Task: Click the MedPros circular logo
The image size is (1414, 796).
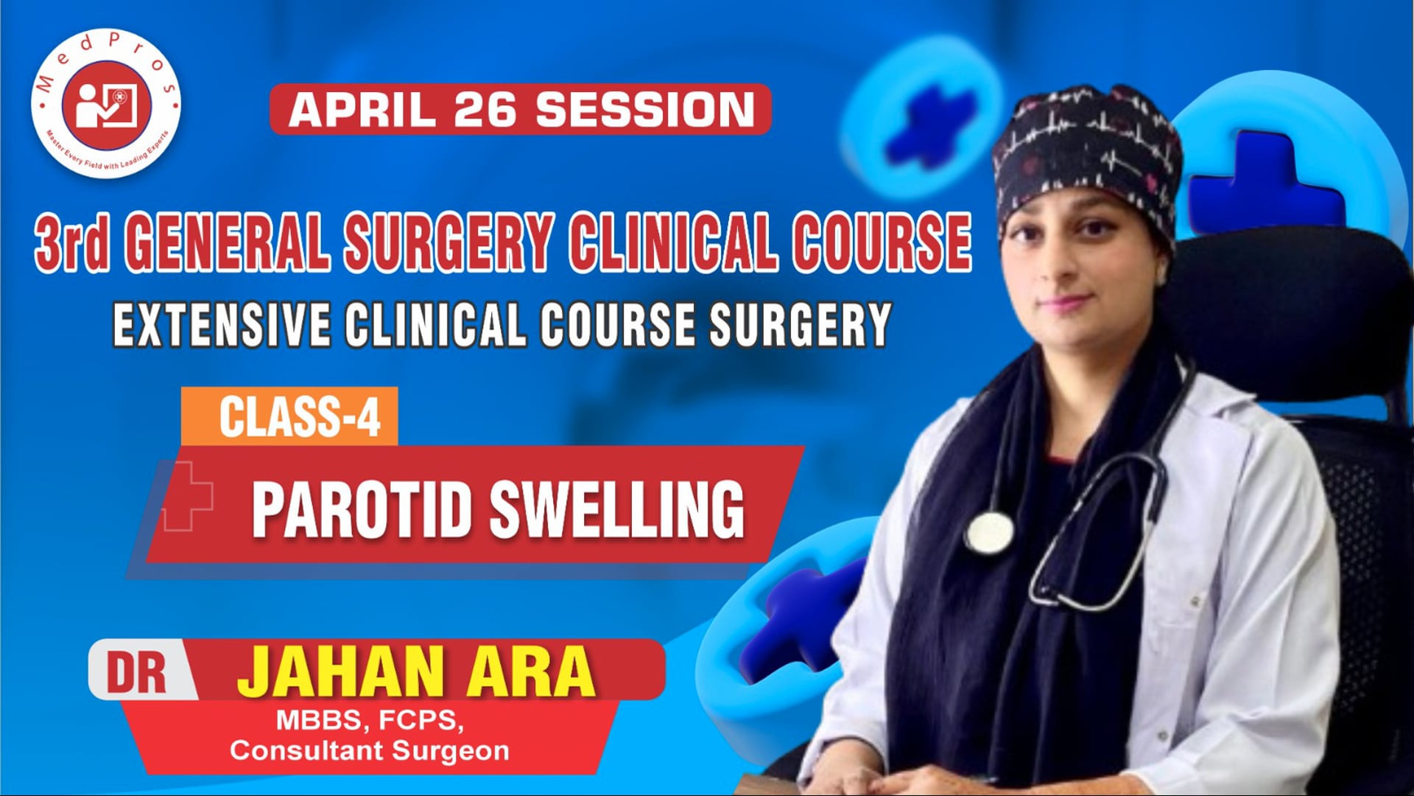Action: point(106,104)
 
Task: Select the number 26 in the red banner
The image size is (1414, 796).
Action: point(485,110)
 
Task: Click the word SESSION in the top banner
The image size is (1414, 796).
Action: point(645,110)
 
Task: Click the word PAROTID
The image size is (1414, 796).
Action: point(361,509)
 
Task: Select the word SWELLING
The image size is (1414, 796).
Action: point(617,509)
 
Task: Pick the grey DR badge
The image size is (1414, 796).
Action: point(138,671)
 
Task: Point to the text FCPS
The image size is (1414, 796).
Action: point(421,720)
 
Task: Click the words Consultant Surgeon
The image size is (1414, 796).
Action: point(369,751)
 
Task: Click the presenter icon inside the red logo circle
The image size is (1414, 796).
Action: point(106,104)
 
